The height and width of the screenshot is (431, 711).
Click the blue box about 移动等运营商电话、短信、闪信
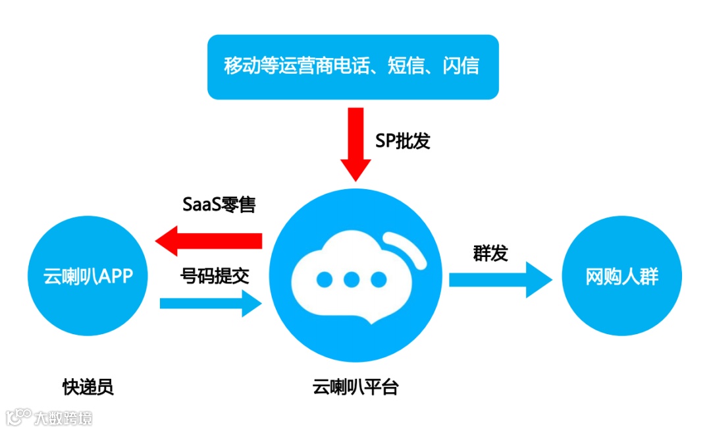(353, 66)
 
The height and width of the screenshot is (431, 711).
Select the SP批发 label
(402, 141)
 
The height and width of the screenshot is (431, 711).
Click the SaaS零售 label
(219, 204)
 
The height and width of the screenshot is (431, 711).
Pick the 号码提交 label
(215, 276)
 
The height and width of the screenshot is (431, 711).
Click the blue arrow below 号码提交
(211, 304)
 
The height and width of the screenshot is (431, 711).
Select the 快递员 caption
(88, 387)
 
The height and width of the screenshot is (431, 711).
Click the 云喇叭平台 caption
(355, 387)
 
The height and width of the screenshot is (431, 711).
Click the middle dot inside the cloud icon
(352, 279)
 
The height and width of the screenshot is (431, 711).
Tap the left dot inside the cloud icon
(325, 279)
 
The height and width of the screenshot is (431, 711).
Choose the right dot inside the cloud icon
(379, 279)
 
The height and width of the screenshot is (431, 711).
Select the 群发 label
(490, 253)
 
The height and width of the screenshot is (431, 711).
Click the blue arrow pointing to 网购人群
(500, 279)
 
